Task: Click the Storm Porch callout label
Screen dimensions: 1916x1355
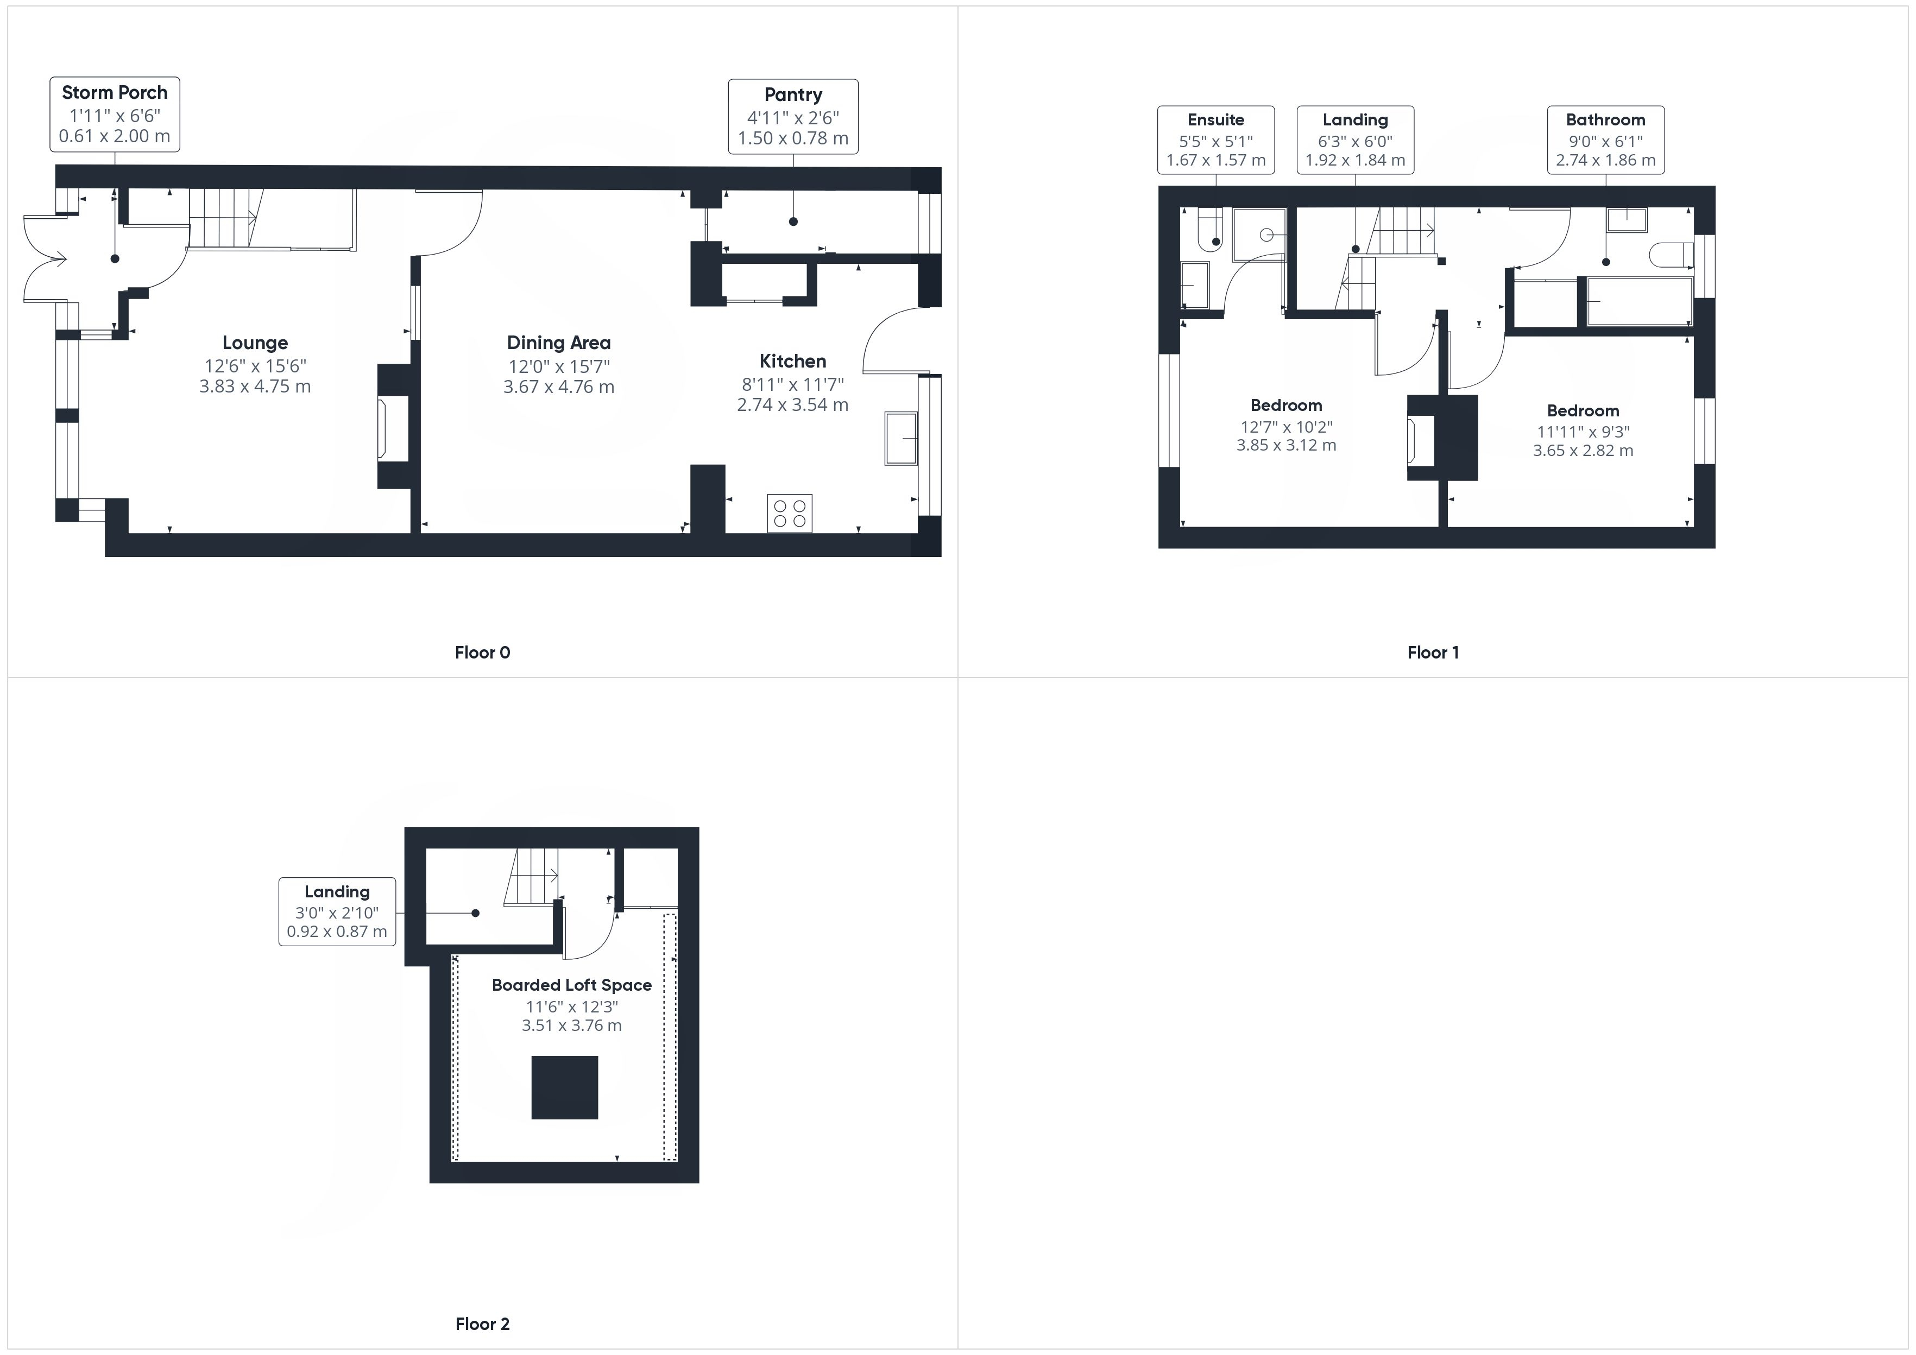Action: click(x=115, y=115)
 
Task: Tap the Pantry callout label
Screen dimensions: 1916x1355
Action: click(x=793, y=117)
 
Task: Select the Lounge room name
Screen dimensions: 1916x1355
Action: click(x=255, y=343)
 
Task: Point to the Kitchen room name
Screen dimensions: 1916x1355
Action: click(x=793, y=361)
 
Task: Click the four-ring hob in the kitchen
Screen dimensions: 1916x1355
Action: click(x=790, y=513)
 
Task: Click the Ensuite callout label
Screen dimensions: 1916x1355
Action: click(x=1216, y=140)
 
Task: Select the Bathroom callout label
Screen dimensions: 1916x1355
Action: click(x=1605, y=140)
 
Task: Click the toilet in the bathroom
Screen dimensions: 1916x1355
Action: click(x=1672, y=255)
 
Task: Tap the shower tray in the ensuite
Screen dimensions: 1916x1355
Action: click(x=1259, y=235)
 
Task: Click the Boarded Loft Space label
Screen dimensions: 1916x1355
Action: click(x=572, y=985)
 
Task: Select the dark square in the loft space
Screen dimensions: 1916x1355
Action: click(x=565, y=1087)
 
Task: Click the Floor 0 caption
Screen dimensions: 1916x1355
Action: click(x=482, y=653)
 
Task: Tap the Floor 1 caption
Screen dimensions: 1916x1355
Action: click(x=1433, y=653)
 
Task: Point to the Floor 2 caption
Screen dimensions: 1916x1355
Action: click(x=482, y=1324)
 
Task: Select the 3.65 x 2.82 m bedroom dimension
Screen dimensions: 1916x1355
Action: click(x=1583, y=451)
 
